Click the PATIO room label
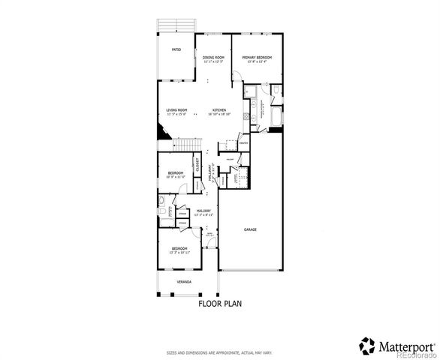pyautogui.click(x=176, y=50)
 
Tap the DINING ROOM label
pyautogui.click(x=213, y=58)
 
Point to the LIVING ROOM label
pyautogui.click(x=176, y=109)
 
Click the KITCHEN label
pyautogui.click(x=219, y=109)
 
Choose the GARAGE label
pyautogui.click(x=249, y=229)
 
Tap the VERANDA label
pyautogui.click(x=184, y=281)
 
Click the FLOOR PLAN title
pyautogui.click(x=220, y=304)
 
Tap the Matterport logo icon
pyautogui.click(x=367, y=346)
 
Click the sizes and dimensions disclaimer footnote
pyautogui.click(x=219, y=352)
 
